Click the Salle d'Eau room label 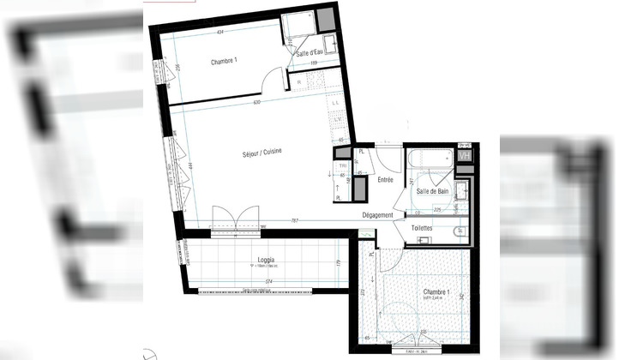point(309,54)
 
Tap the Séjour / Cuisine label point(262,153)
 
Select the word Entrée point(385,180)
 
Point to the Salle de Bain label point(433,192)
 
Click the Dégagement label point(377,215)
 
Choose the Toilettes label point(421,229)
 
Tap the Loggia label point(266,258)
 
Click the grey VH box point(464,156)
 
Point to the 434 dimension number point(220,33)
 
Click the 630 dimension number point(256,103)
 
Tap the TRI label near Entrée point(343,165)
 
